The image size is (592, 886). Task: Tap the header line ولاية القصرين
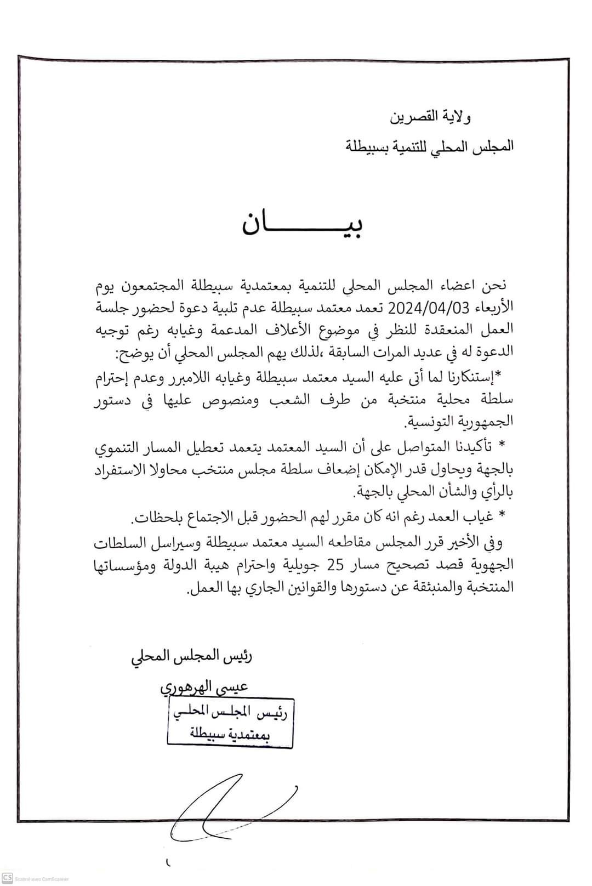(x=430, y=117)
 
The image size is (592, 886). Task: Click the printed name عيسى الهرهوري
(x=204, y=686)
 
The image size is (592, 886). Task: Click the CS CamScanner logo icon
(x=7, y=878)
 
